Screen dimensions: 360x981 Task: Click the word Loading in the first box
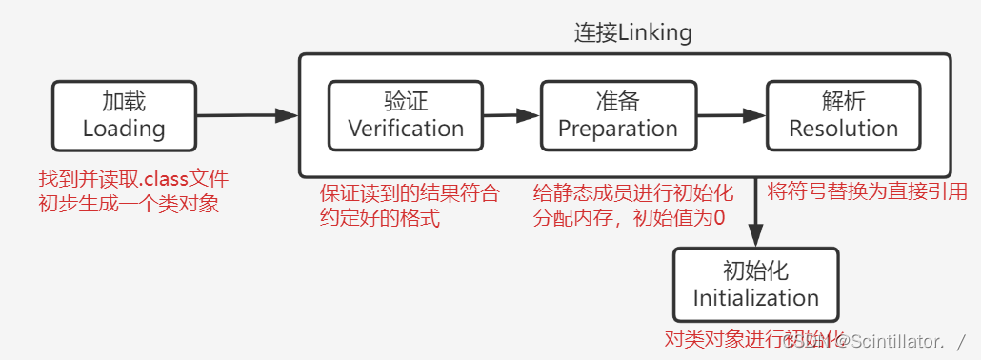124,129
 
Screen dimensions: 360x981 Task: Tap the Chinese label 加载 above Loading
124,102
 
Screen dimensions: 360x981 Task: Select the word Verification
406,129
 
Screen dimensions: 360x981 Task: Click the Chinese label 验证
406,102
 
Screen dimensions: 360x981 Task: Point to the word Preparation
618,129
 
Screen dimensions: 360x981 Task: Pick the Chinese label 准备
618,102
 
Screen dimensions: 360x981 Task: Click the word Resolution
844,129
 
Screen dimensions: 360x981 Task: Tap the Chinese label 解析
844,102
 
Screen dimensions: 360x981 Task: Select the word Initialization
756,297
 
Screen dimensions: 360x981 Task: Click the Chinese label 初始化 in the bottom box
756,270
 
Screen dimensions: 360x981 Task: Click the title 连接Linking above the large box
632,33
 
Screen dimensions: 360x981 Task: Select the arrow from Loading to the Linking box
248,115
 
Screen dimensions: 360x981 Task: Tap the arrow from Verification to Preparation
512,115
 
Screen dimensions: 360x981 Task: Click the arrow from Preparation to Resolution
731,115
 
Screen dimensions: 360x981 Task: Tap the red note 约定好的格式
380,218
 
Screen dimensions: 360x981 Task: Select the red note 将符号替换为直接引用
867,191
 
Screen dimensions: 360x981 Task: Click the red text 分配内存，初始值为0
629,218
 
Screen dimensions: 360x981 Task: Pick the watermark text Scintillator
900,340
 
